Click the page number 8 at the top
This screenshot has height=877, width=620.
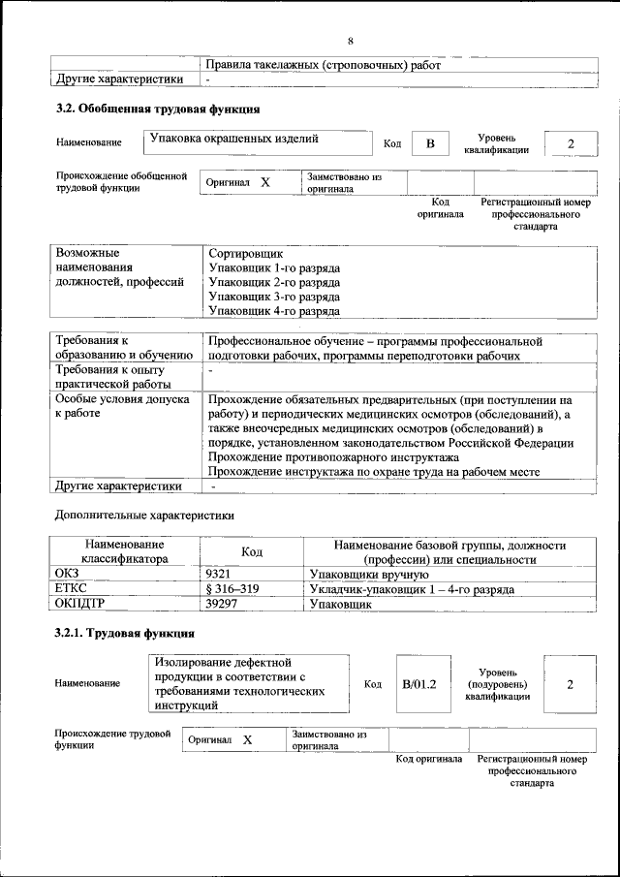click(351, 40)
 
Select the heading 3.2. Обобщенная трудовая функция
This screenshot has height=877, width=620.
click(156, 109)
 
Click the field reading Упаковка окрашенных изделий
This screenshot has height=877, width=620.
click(233, 140)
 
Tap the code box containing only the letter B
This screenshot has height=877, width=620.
click(431, 144)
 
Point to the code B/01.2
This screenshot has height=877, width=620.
click(419, 684)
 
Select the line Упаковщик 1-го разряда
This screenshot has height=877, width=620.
click(274, 267)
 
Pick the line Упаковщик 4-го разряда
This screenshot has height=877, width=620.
click(274, 311)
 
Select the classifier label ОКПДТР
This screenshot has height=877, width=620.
click(80, 603)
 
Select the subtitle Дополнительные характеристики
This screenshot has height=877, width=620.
click(144, 515)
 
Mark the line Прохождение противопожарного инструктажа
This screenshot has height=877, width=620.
click(333, 457)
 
